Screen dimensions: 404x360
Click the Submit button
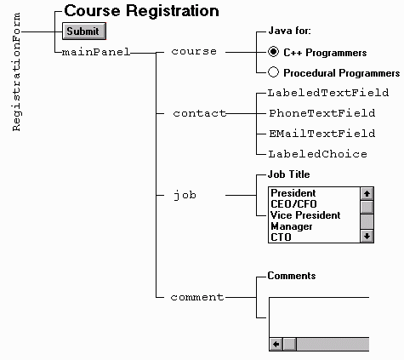click(x=84, y=31)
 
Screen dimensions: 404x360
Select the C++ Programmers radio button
click(x=273, y=52)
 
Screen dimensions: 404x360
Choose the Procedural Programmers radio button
click(x=273, y=72)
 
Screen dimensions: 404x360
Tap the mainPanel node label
click(x=96, y=52)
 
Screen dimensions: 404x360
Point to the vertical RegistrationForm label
click(x=17, y=71)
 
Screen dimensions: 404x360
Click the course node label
click(x=194, y=52)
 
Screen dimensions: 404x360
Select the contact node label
click(x=200, y=113)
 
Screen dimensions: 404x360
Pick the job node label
click(x=185, y=196)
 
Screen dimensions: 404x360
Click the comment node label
click(x=197, y=297)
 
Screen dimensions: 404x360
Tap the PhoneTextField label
click(x=322, y=113)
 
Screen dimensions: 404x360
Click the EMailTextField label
click(x=322, y=134)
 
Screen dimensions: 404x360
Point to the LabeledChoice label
click(x=318, y=154)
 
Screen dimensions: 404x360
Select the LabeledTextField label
click(x=328, y=93)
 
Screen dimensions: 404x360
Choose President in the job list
click(x=293, y=193)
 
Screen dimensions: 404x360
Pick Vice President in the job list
click(x=305, y=215)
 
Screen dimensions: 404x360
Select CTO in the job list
click(x=281, y=237)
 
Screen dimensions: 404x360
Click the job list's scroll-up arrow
click(x=367, y=194)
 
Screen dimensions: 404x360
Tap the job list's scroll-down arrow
click(x=367, y=236)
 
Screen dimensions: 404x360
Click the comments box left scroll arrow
click(x=276, y=344)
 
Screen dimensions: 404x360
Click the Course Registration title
click(x=141, y=11)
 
